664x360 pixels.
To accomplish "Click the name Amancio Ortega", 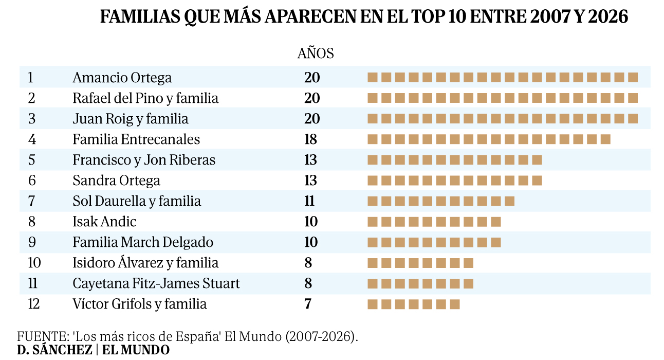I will (x=122, y=78).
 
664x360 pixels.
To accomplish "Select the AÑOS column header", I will (x=316, y=53).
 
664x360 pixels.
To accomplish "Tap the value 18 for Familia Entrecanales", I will (x=310, y=139).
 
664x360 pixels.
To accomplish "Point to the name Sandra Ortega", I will (x=116, y=181).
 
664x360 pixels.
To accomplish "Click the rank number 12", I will (x=34, y=304).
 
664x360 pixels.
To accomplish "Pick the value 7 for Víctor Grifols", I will (x=308, y=304).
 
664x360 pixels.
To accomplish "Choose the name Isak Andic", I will (x=104, y=222).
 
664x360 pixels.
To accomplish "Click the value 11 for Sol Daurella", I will (x=309, y=201).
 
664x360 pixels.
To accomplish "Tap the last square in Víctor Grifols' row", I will (x=455, y=304).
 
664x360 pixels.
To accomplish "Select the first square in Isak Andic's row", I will (x=373, y=222).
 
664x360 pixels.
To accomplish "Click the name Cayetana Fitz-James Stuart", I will (x=156, y=283).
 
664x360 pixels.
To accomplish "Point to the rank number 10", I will (x=34, y=263).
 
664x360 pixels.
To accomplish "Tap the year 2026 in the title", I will (x=608, y=17).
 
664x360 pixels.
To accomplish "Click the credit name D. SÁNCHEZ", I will (x=54, y=350).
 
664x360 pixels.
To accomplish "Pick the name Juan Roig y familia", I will (x=131, y=119).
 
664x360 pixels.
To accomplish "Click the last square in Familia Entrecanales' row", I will (x=605, y=139).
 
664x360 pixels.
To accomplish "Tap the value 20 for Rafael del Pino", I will (x=312, y=98).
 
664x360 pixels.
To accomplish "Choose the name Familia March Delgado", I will (x=143, y=242).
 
